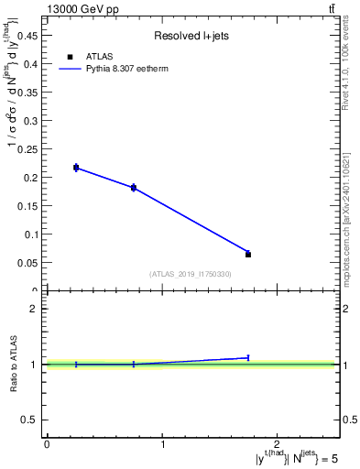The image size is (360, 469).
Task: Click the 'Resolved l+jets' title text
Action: [190, 37]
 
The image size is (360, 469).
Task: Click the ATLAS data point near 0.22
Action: [76, 168]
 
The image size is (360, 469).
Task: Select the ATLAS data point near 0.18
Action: [134, 188]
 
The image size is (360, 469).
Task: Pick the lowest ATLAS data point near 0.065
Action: [248, 254]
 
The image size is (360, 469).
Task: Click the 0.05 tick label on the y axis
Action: [28, 262]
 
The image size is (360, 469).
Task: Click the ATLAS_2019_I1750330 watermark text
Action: [190, 274]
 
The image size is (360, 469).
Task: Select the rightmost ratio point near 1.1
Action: [248, 357]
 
